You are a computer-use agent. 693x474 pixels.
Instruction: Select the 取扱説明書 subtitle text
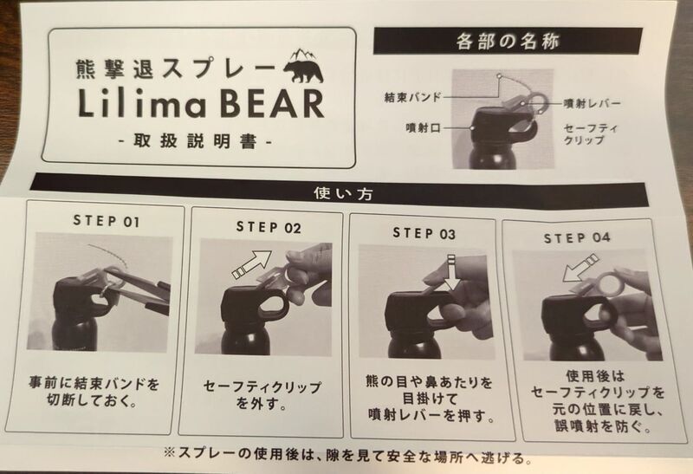click(194, 141)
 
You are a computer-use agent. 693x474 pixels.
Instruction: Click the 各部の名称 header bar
click(508, 41)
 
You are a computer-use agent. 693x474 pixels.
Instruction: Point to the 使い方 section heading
click(343, 193)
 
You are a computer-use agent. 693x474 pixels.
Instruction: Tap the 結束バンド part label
click(413, 97)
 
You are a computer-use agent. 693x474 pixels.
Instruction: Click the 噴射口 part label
click(424, 128)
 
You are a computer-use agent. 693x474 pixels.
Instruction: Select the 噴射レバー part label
click(593, 104)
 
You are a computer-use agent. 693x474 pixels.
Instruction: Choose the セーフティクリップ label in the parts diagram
click(590, 134)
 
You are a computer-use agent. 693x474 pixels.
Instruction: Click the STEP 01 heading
click(107, 221)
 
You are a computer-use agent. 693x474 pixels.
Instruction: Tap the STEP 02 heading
click(269, 227)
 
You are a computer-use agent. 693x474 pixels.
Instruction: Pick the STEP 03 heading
click(424, 233)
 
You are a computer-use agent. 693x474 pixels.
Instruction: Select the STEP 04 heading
click(577, 238)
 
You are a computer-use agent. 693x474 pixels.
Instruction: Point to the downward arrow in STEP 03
click(451, 273)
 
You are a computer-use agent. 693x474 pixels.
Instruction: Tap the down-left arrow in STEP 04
click(580, 268)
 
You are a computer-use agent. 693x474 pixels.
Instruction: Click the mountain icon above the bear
click(304, 55)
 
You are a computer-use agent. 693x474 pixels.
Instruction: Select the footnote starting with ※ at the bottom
click(348, 456)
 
